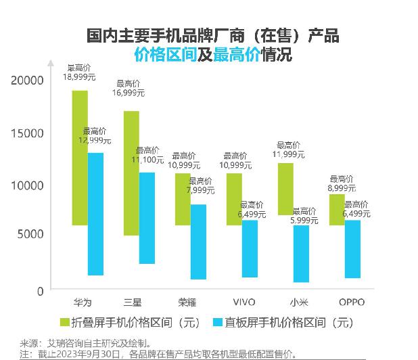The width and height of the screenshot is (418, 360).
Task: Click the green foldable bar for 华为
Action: coord(80,157)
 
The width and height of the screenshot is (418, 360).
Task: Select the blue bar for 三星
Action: coord(147,218)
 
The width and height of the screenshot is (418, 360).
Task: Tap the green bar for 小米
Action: coord(285,189)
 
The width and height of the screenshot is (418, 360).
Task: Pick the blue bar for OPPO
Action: coord(352,248)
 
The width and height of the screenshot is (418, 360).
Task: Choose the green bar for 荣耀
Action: coord(183,199)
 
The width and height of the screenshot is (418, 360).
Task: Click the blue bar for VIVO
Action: coord(250,248)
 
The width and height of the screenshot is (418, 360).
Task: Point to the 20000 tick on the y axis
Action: coord(28,81)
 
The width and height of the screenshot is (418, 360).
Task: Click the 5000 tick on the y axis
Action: coord(31,234)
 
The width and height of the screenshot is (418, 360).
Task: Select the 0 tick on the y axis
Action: coord(40,290)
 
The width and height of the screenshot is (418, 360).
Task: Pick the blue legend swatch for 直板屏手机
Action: coord(218,322)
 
